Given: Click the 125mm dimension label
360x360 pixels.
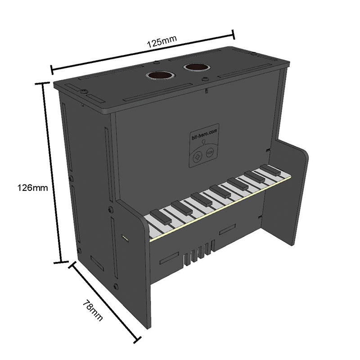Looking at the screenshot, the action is (162, 41).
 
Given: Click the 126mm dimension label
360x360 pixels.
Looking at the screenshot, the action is (33, 188).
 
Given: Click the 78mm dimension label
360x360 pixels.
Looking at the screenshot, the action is (92, 310).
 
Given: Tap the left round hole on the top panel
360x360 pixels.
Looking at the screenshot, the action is (160, 76).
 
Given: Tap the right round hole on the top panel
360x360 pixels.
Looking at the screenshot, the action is (196, 67).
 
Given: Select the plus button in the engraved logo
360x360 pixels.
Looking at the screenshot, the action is (197, 157).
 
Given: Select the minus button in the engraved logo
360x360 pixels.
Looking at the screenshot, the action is (210, 153).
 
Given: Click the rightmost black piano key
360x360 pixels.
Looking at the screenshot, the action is (270, 170).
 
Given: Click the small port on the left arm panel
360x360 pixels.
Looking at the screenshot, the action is (125, 238).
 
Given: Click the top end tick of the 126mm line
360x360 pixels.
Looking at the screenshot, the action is (42, 84).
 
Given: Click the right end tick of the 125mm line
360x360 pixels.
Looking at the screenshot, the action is (234, 35).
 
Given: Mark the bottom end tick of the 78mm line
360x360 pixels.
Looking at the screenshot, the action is (137, 340).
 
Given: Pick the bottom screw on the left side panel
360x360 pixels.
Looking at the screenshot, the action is (116, 286).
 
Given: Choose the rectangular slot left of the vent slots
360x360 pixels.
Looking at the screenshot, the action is (169, 258).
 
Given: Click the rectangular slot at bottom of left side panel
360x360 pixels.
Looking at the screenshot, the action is (97, 263).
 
